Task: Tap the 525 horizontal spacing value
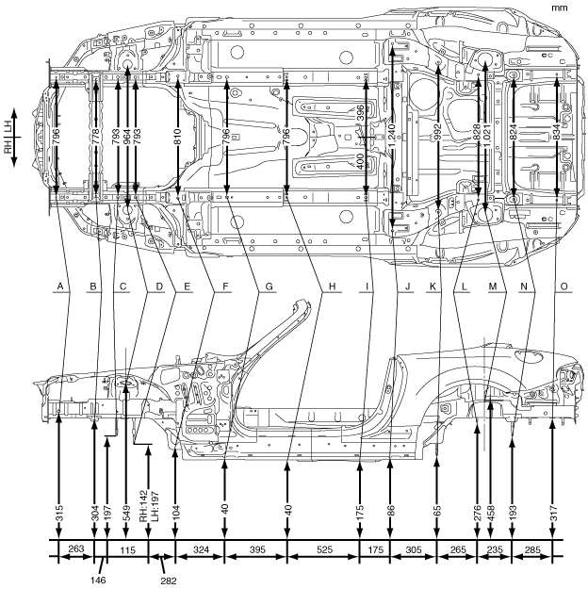pos(322,548)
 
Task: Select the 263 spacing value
pos(75,548)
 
